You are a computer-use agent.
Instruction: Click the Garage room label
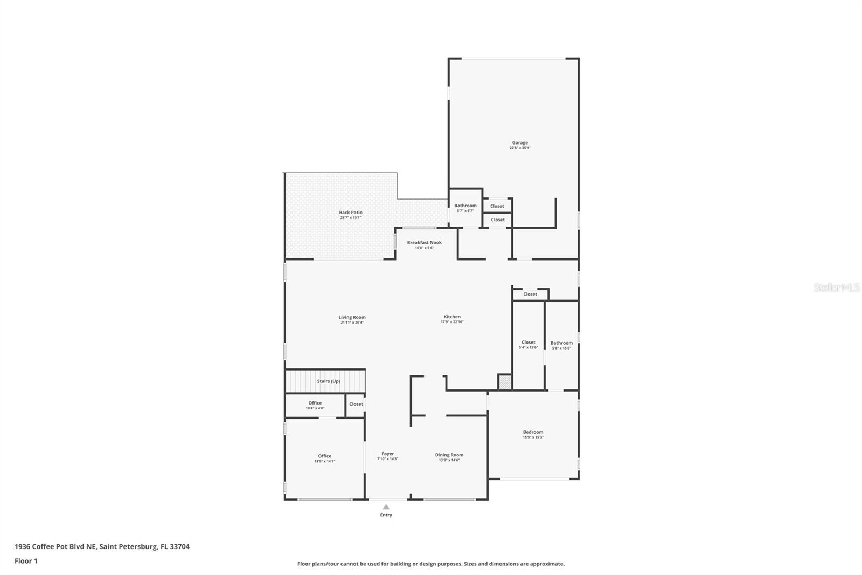coord(520,143)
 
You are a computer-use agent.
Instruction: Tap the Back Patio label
coord(351,213)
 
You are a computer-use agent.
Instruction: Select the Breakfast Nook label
coord(424,243)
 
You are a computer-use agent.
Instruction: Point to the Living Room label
coord(352,318)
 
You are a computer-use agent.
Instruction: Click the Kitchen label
coord(452,317)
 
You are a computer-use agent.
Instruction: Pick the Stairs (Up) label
coord(328,381)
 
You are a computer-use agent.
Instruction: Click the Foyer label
coord(387,454)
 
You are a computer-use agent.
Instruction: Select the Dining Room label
coord(449,455)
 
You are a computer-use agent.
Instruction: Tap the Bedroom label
coord(533,432)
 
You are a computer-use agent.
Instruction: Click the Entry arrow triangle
coord(386,507)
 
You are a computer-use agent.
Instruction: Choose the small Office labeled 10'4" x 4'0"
coord(315,403)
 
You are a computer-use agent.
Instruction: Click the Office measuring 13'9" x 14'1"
coord(324,456)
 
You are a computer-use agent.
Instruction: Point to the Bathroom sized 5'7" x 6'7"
coord(465,206)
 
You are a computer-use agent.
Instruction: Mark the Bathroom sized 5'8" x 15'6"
coord(561,343)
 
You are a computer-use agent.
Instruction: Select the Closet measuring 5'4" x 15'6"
coord(528,343)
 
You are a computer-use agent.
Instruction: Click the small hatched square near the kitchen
coord(504,382)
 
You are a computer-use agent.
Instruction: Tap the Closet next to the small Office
coord(356,404)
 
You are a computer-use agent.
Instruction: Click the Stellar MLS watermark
coord(836,288)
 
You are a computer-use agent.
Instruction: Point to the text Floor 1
coord(26,561)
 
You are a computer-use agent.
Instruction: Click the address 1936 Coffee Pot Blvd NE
coord(56,546)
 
